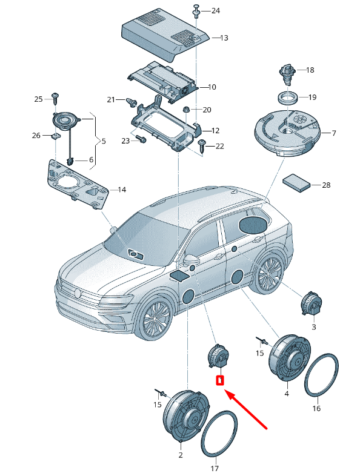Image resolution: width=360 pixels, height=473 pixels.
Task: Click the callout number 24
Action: click(x=216, y=11)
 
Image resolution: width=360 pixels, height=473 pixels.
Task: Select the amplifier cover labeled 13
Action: click(x=165, y=36)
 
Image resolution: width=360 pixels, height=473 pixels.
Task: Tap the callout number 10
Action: click(x=212, y=87)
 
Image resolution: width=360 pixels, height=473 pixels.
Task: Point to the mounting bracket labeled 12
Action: click(x=166, y=124)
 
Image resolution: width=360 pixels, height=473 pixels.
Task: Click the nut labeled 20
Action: click(x=187, y=109)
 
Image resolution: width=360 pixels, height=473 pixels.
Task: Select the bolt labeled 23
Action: click(x=141, y=139)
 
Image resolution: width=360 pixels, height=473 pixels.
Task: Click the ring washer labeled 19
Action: click(x=288, y=98)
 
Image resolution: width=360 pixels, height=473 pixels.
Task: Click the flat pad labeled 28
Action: click(x=296, y=183)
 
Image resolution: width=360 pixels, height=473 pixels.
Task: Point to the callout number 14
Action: click(x=122, y=190)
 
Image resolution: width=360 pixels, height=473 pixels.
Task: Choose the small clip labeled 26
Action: click(x=56, y=136)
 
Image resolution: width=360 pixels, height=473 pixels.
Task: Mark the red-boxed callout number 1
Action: click(x=220, y=380)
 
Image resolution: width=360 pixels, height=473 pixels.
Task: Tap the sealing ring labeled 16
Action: click(x=321, y=375)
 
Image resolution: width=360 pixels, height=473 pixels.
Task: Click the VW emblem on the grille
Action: click(x=78, y=293)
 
